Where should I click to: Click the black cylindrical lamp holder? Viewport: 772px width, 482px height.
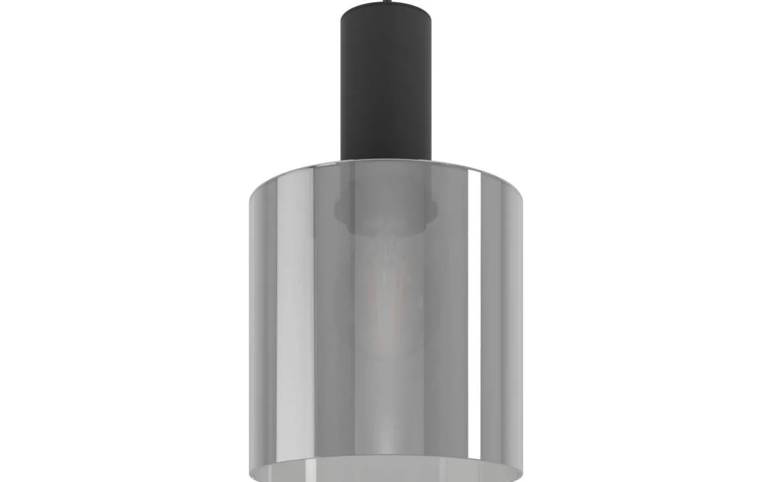[385, 83]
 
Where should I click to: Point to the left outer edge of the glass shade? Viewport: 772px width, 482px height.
[249, 331]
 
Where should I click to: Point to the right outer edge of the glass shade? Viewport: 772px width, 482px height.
[522, 331]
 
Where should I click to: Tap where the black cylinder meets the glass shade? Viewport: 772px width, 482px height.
[385, 160]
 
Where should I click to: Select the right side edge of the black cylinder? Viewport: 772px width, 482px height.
[431, 83]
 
